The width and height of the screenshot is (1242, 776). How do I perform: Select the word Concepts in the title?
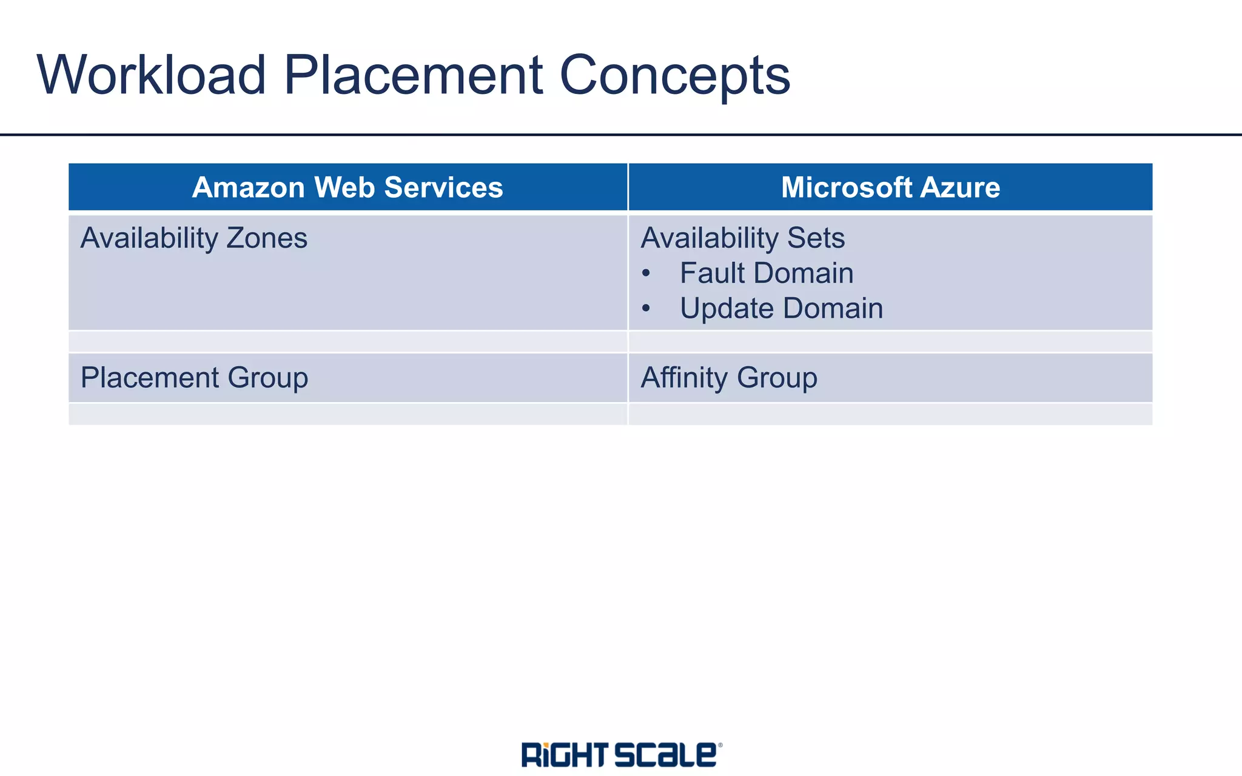(674, 76)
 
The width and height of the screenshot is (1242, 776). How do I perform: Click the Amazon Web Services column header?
(347, 187)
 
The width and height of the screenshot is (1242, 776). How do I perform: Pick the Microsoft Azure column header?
(890, 187)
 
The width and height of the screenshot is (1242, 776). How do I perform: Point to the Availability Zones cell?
(194, 238)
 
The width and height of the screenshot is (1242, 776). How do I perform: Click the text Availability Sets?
(742, 238)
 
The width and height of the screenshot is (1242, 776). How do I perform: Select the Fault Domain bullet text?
(767, 273)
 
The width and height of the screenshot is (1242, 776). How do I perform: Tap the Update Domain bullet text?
(781, 308)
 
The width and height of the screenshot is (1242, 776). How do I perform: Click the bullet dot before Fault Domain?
(646, 274)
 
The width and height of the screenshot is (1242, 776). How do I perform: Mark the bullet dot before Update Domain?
(646, 309)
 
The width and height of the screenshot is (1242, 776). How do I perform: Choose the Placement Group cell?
(194, 378)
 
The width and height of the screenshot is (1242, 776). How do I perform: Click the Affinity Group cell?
(729, 378)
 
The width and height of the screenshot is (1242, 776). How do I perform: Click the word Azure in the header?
(960, 187)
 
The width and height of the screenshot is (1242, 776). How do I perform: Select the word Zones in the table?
(267, 238)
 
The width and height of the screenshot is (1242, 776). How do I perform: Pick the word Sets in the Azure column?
(816, 238)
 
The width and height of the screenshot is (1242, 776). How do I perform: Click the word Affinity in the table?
(684, 378)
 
